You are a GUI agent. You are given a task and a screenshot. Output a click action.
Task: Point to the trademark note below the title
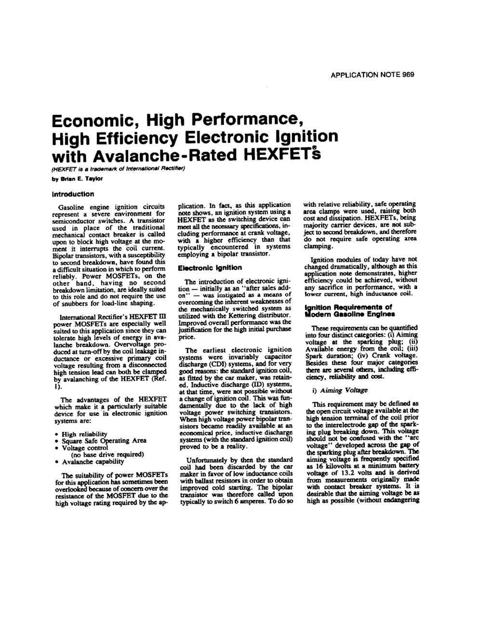[x=118, y=169]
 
